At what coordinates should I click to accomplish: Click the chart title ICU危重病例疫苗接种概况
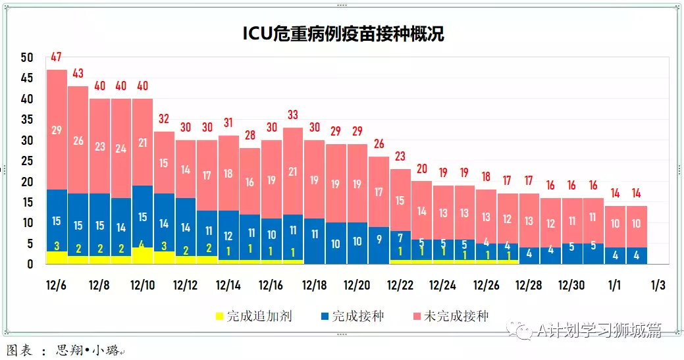tap(343, 34)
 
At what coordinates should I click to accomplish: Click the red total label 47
tap(57, 57)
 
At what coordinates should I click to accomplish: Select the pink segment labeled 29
tap(57, 130)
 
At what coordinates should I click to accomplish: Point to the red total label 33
tap(292, 115)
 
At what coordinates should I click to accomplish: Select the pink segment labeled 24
tap(120, 148)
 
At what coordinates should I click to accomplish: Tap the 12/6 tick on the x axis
tap(57, 286)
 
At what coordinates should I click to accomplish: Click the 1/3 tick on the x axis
tap(658, 286)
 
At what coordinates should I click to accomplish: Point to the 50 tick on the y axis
tap(26, 58)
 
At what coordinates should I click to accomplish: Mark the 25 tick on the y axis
tap(26, 161)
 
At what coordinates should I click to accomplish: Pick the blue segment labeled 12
tap(228, 236)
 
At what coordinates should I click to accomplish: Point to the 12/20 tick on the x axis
tap(356, 286)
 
